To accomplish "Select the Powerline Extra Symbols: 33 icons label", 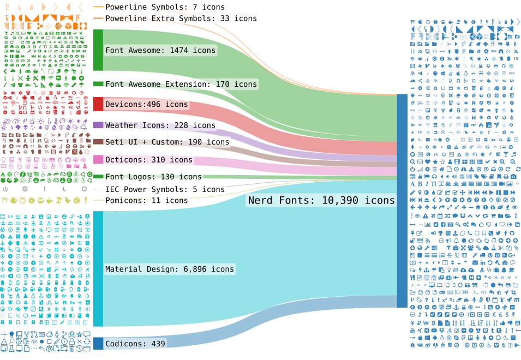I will (x=181, y=19).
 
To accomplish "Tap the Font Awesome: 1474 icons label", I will (x=160, y=50).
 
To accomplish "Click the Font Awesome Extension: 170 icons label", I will (x=181, y=84).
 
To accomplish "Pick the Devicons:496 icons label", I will (x=146, y=104).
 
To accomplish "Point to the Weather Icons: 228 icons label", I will (x=160, y=125).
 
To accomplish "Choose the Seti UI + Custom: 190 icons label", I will (x=167, y=142).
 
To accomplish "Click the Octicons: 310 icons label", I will (x=149, y=160).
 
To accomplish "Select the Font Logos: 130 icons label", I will (x=153, y=177).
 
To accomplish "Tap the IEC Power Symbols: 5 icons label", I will (x=165, y=189).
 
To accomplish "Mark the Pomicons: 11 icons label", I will (x=146, y=200).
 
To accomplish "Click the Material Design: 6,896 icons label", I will (x=169, y=269).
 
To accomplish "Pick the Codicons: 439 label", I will (x=135, y=344).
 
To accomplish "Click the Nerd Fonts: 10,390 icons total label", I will (x=321, y=201).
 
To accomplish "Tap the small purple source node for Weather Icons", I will (x=98, y=125).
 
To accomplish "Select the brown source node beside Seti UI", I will (x=98, y=142).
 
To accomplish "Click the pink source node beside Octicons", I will (x=98, y=159).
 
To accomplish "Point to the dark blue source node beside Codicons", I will (x=98, y=344).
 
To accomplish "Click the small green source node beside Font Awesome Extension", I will (x=98, y=84).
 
